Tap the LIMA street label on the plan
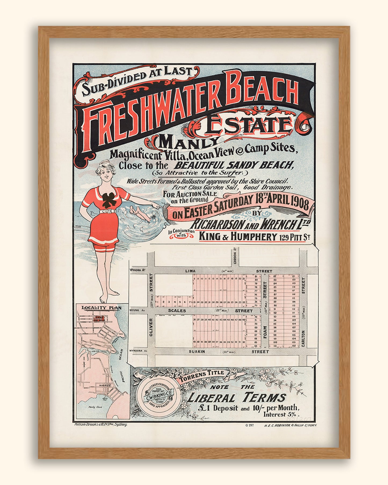190,271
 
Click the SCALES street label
177,311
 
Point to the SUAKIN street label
197,352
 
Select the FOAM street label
265,332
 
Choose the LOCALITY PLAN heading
101,308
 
